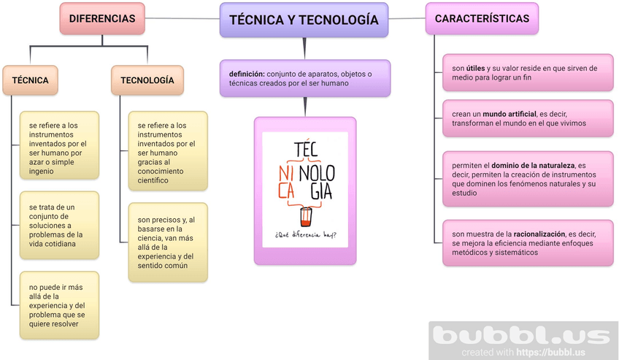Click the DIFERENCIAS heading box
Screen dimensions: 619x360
pyautogui.click(x=101, y=18)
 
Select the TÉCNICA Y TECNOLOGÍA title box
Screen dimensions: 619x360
pyautogui.click(x=304, y=20)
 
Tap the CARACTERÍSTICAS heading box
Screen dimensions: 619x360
pyautogui.click(x=481, y=18)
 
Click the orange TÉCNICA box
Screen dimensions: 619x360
pyautogui.click(x=30, y=80)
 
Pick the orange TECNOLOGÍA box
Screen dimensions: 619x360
pyautogui.click(x=147, y=80)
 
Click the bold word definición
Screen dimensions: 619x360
pyautogui.click(x=247, y=74)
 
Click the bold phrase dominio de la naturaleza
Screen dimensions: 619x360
pyautogui.click(x=532, y=166)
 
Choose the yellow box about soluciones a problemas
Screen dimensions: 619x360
pyautogui.click(x=58, y=224)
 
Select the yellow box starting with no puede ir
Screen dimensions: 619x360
pyautogui.click(x=58, y=305)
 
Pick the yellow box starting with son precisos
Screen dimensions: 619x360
pyautogui.click(x=167, y=242)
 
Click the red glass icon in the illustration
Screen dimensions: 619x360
pyautogui.click(x=305, y=216)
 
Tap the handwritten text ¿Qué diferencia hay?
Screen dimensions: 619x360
pyautogui.click(x=306, y=235)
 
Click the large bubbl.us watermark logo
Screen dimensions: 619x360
pyautogui.click(x=521, y=336)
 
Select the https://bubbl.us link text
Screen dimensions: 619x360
pyautogui.click(x=551, y=352)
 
